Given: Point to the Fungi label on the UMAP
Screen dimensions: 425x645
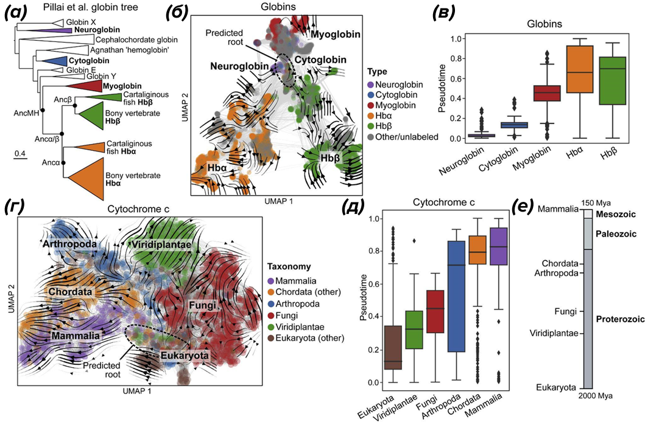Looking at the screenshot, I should (202, 306).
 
